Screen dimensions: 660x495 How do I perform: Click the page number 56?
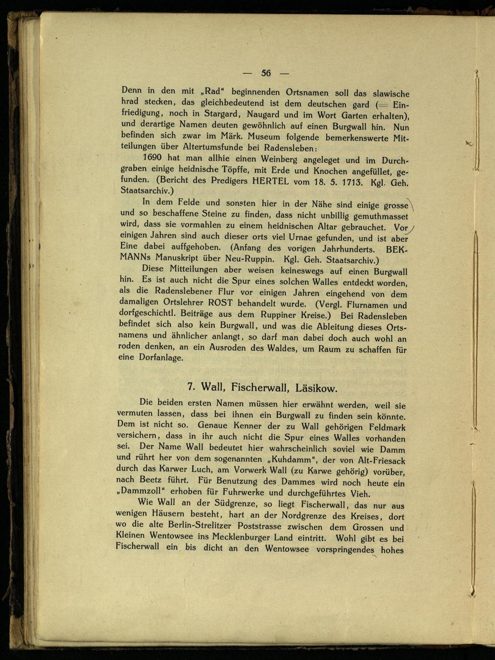pos(266,73)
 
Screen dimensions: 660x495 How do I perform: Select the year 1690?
pos(152,158)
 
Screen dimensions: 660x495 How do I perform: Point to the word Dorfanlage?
pos(161,357)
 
